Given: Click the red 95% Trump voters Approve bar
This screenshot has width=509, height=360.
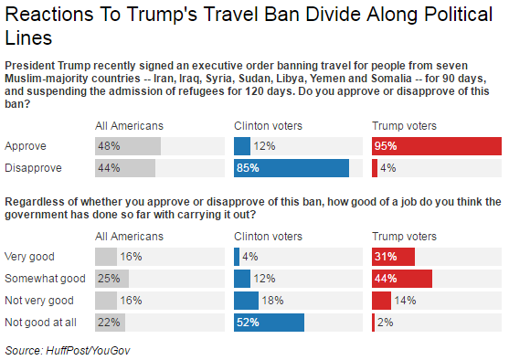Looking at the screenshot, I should pyautogui.click(x=437, y=146).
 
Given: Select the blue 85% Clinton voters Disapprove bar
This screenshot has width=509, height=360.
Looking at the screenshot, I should pyautogui.click(x=292, y=168).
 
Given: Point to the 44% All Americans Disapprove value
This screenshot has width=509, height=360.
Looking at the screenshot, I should pyautogui.click(x=109, y=168).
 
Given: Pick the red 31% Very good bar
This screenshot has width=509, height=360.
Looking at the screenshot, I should pyautogui.click(x=393, y=257).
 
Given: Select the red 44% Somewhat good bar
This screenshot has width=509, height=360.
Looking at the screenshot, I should pyautogui.click(x=402, y=279).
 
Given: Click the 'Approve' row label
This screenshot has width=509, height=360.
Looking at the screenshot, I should pyautogui.click(x=25, y=146).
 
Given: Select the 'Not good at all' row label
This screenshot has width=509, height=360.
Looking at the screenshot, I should pyautogui.click(x=41, y=322).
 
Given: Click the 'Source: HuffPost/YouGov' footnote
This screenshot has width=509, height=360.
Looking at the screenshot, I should pyautogui.click(x=69, y=349).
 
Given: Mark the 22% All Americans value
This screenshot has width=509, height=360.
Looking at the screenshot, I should pyautogui.click(x=109, y=322).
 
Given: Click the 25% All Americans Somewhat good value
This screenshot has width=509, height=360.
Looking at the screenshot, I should pyautogui.click(x=109, y=279).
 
